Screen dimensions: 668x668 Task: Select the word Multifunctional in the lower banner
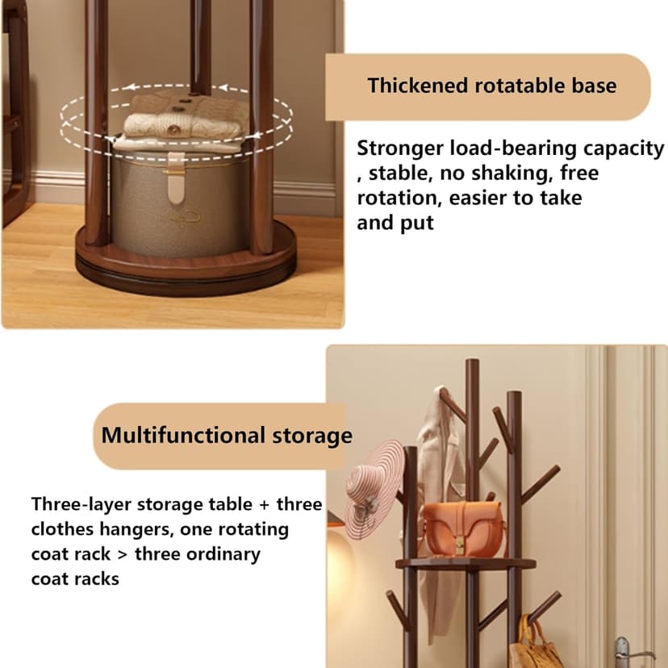pos(183,436)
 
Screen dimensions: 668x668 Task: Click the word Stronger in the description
pos(400,149)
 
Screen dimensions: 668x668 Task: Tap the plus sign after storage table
pos(264,505)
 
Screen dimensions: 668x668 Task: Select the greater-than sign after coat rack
pos(123,555)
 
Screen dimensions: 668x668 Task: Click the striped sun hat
pos(375,490)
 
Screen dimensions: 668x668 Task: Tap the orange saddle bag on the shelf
pos(464,529)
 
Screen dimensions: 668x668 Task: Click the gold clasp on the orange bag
pos(460,545)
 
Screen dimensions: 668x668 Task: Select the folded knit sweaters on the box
pos(183,121)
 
